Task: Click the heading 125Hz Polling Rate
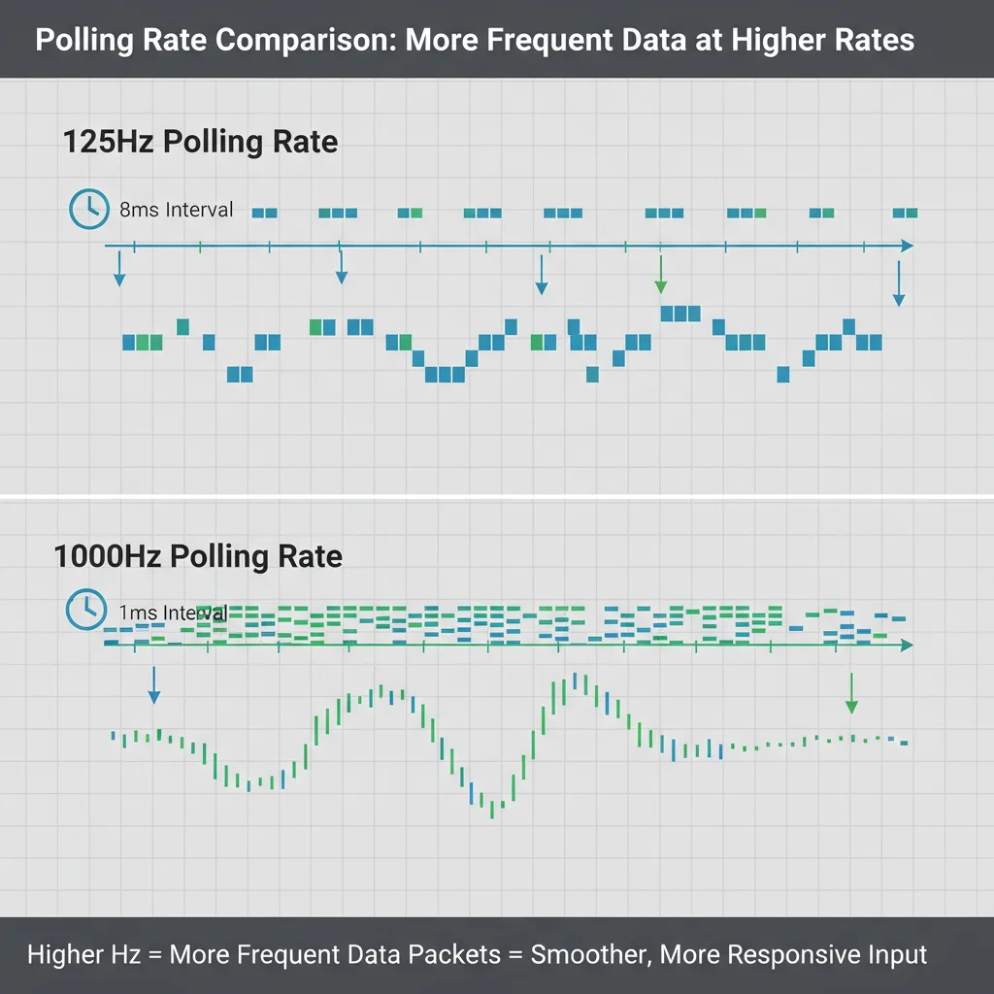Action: coord(200,142)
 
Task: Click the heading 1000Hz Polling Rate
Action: coord(198,556)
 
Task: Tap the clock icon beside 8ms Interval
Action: coord(89,209)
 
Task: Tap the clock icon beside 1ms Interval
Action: coord(85,609)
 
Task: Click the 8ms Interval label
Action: coord(176,209)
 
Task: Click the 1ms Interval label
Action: coord(173,613)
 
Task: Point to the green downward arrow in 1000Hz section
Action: coord(851,694)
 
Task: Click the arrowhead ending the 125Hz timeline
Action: coord(906,246)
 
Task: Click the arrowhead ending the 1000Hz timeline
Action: coord(906,645)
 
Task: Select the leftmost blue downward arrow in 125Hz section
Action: coord(119,269)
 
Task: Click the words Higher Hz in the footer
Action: coord(80,954)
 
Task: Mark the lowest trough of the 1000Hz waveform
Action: coord(493,810)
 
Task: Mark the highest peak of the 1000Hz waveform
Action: coord(576,679)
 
